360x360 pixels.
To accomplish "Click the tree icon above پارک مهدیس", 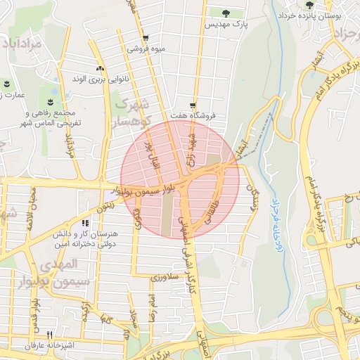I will click(225, 13).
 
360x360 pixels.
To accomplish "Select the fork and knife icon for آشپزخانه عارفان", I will click(49, 335).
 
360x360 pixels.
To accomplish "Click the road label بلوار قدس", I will click(34, 317).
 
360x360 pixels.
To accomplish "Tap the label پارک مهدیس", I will click(226, 24).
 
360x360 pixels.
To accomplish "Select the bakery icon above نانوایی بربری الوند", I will click(100, 69).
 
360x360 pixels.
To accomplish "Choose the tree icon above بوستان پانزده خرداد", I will click(310, 5).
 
